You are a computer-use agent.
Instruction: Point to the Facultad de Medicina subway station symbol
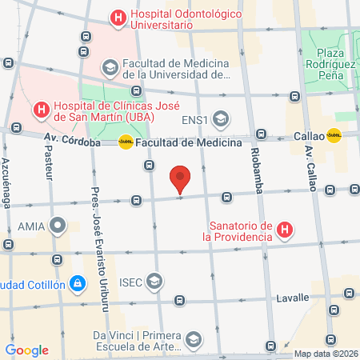click(126, 142)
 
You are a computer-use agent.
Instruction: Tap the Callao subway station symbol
click(334, 136)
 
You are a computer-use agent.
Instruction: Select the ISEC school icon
click(154, 282)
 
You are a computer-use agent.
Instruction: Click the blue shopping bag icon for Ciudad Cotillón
click(77, 282)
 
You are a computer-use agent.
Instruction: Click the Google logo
click(26, 350)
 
